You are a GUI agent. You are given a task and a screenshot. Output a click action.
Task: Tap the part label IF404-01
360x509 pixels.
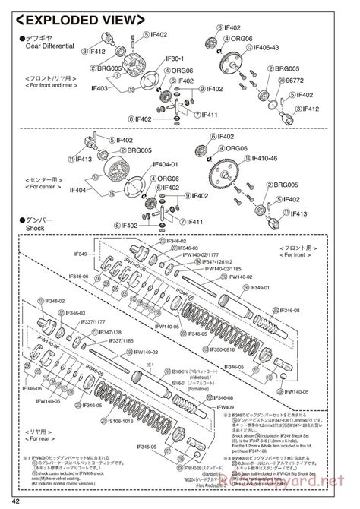click(165, 165)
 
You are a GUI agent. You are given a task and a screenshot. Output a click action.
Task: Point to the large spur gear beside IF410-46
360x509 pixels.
click(228, 170)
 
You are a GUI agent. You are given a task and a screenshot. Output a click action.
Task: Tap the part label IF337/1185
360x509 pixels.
click(125, 340)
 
